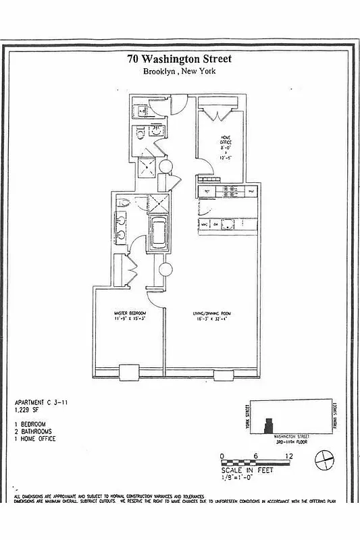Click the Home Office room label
pos(226,146)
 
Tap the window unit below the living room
pos(222,373)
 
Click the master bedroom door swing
pos(154,286)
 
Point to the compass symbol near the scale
pos(326,462)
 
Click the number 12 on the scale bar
pos(290,457)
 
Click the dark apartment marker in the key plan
pos(269,426)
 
